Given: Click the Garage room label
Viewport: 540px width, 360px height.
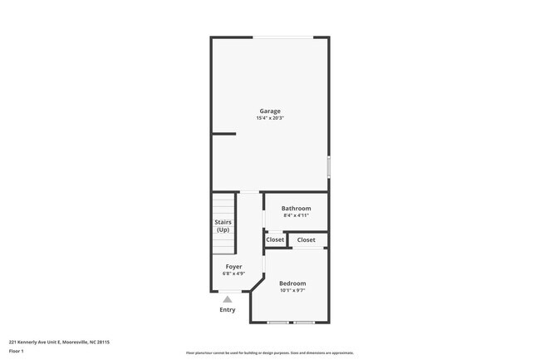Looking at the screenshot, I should pos(270,111).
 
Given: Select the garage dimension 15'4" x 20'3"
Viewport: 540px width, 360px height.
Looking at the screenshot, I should pos(270,118).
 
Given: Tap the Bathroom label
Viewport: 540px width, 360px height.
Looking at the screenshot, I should pos(296,208).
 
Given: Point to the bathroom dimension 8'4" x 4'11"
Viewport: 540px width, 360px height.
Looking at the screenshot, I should pos(296,215).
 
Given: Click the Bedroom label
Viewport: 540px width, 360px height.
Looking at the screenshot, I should pos(292,284).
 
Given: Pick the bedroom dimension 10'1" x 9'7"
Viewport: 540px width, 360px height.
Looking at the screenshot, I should pos(292,291).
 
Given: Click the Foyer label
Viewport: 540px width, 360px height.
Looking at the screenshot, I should pos(233,266).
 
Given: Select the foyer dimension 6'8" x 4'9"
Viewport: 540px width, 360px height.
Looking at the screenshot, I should pos(233,274).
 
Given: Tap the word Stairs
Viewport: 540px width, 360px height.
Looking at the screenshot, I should pos(223,222).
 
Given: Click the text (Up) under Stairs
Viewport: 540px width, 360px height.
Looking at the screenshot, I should pos(223,229).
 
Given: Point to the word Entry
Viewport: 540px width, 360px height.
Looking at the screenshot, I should pos(227,309).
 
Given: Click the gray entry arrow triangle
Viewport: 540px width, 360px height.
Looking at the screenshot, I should pos(227,298).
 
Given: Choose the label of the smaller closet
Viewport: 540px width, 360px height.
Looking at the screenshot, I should pos(275,239).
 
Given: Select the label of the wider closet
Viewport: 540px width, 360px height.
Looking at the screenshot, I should pos(306,239).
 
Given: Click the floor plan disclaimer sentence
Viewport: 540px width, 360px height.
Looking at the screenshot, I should pos(270,353).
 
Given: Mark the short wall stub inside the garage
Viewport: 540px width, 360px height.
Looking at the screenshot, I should pos(223,133).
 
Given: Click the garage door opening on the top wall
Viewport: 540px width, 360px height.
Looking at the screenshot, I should pos(283,37).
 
